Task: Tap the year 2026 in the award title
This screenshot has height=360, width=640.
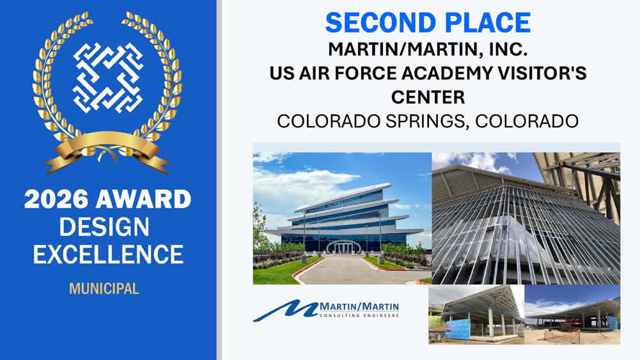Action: (56, 200)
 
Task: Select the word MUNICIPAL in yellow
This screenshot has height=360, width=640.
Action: (104, 288)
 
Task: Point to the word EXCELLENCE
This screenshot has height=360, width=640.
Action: (108, 254)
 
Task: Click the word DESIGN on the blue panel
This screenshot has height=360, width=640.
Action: (104, 227)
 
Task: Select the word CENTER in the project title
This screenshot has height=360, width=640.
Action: (428, 98)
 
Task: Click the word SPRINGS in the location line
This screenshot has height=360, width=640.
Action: (426, 121)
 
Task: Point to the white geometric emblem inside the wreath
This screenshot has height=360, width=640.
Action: (108, 77)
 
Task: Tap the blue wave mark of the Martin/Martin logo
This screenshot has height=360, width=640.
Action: (286, 310)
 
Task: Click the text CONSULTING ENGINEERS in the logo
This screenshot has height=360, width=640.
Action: (359, 315)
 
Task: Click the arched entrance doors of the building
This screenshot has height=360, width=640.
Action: (344, 247)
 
